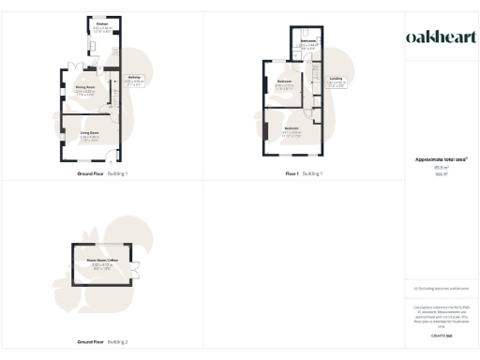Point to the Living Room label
pos(90,134)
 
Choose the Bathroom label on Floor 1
pos(308,41)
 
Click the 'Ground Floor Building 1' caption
pos(102,174)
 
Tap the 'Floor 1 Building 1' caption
pos(305,174)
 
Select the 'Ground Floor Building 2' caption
pos(102,342)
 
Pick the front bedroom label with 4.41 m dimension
pos(292,128)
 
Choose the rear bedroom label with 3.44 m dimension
pos(285,82)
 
